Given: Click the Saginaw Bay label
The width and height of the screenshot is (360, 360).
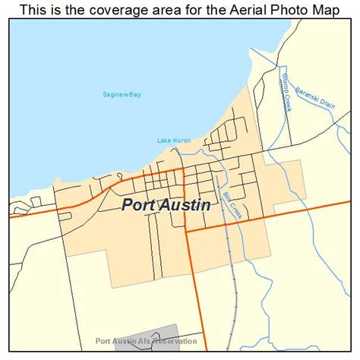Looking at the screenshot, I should (x=122, y=95).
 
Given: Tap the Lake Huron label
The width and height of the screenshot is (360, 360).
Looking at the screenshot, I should (x=174, y=141).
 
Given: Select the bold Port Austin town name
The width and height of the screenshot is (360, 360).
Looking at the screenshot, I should (x=166, y=205).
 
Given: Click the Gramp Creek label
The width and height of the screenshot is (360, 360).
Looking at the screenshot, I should (x=285, y=95).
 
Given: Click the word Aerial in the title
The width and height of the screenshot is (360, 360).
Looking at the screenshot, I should (x=232, y=10).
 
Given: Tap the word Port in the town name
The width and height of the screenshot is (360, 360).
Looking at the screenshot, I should (x=137, y=205).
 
